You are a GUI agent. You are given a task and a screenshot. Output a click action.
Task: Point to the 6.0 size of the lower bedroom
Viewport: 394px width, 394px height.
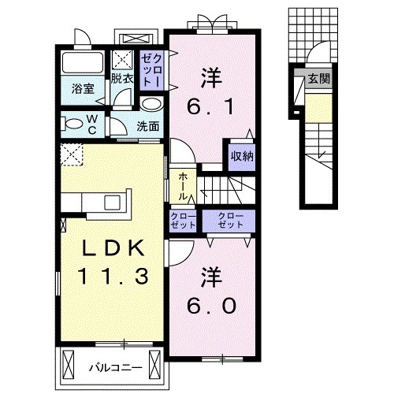[x=211, y=305]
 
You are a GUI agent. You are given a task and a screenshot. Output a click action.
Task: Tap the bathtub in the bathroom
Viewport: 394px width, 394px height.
[x=82, y=65]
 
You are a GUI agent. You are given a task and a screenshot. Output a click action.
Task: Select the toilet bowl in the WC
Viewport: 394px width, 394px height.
[x=73, y=123]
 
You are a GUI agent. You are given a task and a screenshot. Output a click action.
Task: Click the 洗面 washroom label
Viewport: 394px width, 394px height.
[x=147, y=126]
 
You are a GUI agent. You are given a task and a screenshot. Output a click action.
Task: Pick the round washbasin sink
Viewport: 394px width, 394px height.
[x=153, y=104]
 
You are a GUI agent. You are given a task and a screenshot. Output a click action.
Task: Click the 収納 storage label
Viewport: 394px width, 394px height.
[x=242, y=155]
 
